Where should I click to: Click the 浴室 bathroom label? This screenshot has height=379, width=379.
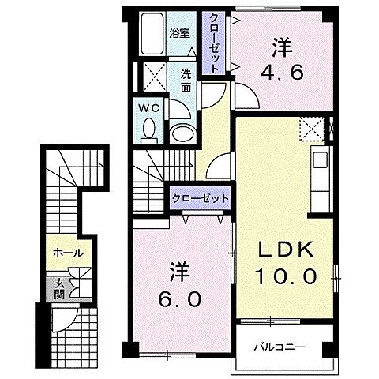click(x=179, y=33)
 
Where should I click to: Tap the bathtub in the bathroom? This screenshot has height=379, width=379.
click(x=152, y=34)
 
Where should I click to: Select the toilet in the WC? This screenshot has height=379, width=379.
click(x=149, y=131)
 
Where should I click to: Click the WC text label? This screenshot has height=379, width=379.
click(x=149, y=108)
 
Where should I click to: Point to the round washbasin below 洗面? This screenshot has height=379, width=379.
click(x=183, y=133)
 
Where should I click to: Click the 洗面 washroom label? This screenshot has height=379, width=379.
click(x=186, y=81)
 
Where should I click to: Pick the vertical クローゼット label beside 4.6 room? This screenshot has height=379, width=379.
click(x=214, y=43)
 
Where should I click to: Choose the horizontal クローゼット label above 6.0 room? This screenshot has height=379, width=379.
click(x=201, y=198)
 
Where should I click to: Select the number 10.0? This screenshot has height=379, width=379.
click(x=286, y=276)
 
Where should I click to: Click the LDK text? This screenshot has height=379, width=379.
click(x=286, y=249)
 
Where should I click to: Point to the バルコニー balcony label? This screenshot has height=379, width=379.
click(x=280, y=347)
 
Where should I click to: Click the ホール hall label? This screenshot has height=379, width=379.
click(x=69, y=253)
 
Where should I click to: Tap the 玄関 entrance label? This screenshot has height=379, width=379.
click(x=59, y=289)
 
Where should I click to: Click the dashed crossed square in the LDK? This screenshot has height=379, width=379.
click(x=312, y=129)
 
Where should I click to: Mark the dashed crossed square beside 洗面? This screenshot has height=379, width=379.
click(x=155, y=77)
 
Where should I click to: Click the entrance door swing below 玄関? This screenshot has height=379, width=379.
click(x=65, y=320)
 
